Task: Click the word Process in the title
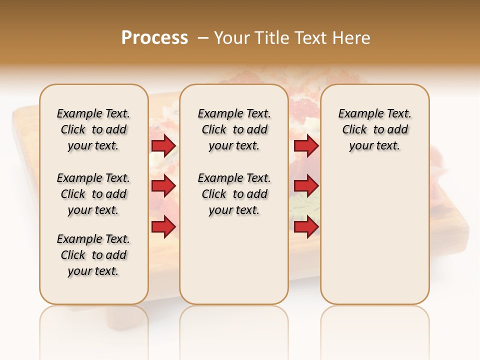click(x=154, y=38)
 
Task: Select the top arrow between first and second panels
click(x=163, y=145)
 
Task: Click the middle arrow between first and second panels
click(x=163, y=186)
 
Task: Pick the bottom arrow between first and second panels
click(x=163, y=227)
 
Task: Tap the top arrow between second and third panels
click(x=306, y=145)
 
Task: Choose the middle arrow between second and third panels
click(x=306, y=186)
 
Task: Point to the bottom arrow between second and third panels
click(x=306, y=227)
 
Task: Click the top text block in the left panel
click(x=93, y=129)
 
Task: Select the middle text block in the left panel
click(x=93, y=194)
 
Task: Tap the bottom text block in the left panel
click(x=93, y=255)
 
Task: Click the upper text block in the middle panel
click(x=234, y=129)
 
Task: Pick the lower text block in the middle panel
click(x=234, y=194)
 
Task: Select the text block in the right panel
click(x=375, y=129)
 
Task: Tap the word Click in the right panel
click(x=354, y=130)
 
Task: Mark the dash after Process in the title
click(x=202, y=38)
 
